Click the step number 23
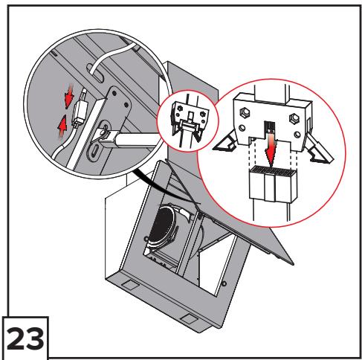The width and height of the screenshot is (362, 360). [x=25, y=338]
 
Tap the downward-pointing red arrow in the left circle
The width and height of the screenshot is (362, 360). [x=69, y=97]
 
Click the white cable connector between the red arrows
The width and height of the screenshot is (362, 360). [x=79, y=113]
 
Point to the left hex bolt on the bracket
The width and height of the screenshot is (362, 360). [x=244, y=112]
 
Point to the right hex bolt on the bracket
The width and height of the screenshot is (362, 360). [x=294, y=118]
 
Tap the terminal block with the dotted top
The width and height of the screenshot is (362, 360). [x=273, y=184]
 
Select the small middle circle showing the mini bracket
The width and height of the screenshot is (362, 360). [x=188, y=121]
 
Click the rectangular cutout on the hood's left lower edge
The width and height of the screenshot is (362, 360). [x=130, y=284]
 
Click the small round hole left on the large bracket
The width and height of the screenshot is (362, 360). [x=242, y=128]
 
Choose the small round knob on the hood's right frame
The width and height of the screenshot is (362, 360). [x=224, y=283]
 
